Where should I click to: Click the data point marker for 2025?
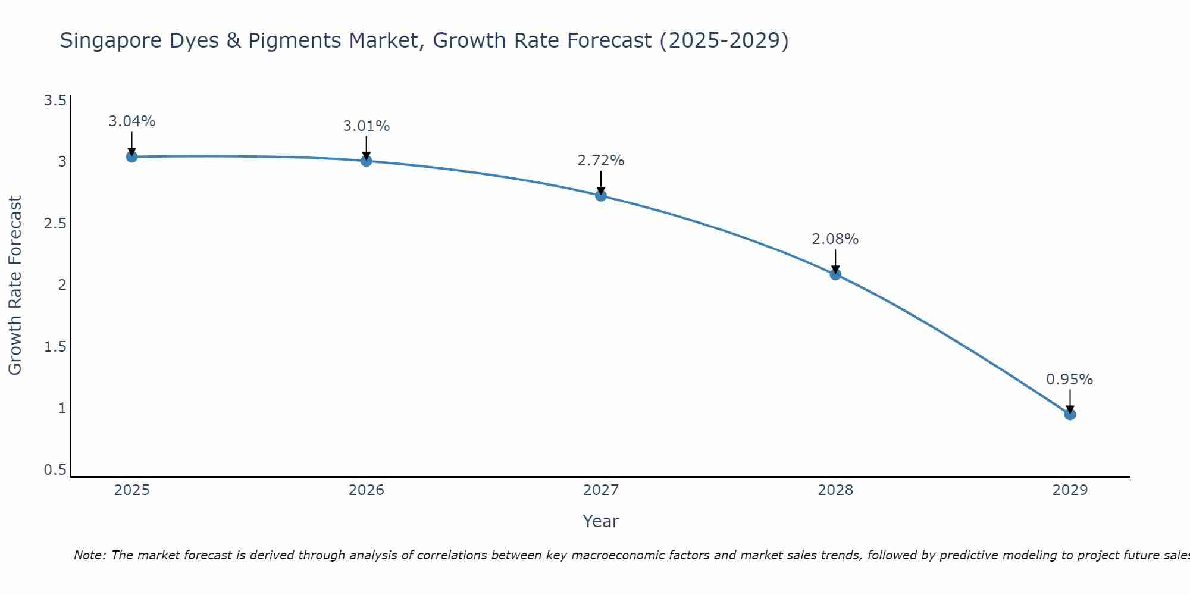[131, 156]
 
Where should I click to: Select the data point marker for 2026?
[366, 161]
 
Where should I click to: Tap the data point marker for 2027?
[601, 195]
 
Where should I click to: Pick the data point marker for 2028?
[835, 274]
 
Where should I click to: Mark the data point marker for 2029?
[1070, 414]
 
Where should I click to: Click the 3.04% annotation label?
[131, 121]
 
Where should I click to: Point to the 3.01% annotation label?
[366, 126]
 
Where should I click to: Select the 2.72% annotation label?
[601, 161]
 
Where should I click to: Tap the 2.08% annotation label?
[835, 239]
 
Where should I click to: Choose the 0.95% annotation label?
[1070, 380]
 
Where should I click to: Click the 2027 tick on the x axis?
[601, 490]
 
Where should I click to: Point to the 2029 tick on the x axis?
[1070, 490]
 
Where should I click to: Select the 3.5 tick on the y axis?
[55, 100]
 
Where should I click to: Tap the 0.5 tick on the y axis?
[55, 470]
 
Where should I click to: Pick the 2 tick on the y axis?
[62, 285]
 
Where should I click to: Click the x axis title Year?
[601, 521]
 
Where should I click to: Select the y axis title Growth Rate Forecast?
[15, 286]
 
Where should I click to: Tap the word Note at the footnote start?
[89, 555]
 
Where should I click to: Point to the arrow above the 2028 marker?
[835, 261]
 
